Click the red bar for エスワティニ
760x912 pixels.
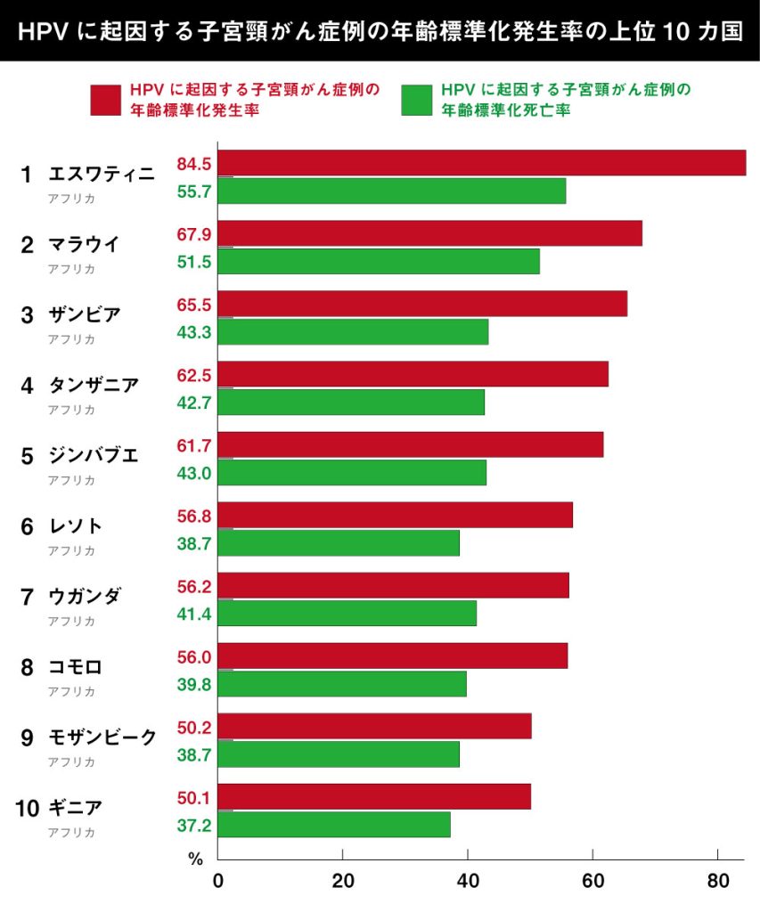click(481, 163)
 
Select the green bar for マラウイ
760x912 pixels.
click(379, 261)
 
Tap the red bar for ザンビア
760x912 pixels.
click(422, 304)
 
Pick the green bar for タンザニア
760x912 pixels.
click(351, 402)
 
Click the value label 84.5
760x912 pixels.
click(193, 164)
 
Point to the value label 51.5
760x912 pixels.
click(193, 262)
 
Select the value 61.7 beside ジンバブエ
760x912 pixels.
click(193, 445)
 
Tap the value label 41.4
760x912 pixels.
click(193, 614)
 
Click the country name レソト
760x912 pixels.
click(77, 526)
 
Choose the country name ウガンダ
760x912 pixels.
click(85, 597)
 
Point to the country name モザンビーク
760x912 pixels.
click(102, 737)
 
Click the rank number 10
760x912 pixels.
click(28, 809)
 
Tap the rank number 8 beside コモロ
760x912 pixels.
click(28, 667)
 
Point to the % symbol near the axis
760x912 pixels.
click(196, 859)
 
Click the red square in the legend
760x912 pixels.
click(104, 100)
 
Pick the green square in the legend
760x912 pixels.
click(416, 100)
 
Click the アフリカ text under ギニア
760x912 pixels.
click(71, 833)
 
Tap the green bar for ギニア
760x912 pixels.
click(334, 825)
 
